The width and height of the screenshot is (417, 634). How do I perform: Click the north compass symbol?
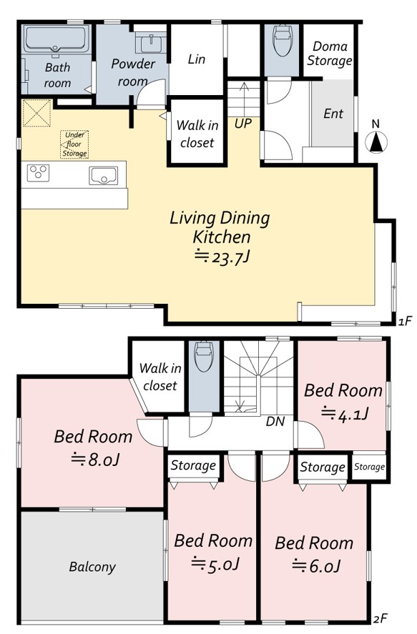coord(376,142)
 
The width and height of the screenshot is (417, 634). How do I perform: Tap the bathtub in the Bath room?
coord(57,39)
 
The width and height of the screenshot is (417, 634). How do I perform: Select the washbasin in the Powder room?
coord(150,43)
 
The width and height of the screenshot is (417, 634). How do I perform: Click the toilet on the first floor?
coord(282,41)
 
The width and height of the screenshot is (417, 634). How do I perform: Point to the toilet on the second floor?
coord(204,357)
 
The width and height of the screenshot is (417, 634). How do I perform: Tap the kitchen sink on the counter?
coord(103,176)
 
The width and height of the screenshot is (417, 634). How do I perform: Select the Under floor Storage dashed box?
coord(74,144)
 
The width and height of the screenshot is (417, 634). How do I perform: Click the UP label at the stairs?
coord(243,123)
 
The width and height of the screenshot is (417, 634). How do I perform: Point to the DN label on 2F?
coord(275,422)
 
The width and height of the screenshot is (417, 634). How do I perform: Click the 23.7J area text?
coord(221,257)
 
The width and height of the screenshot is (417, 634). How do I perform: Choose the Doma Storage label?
coord(329,54)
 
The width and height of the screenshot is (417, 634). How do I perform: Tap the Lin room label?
coord(197,59)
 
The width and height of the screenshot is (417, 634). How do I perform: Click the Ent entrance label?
coord(333,114)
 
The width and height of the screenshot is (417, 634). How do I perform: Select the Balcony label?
coord(92,567)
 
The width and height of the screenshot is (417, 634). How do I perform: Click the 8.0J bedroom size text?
coord(95,460)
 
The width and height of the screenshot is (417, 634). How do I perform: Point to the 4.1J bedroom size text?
coord(344,414)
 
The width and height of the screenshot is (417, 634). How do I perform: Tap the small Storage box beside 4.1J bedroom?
coord(369,467)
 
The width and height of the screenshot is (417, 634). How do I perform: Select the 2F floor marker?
coord(381,619)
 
